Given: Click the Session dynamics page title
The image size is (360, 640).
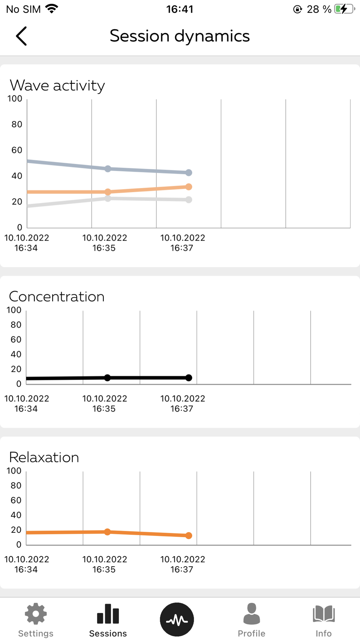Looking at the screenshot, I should point(180,36).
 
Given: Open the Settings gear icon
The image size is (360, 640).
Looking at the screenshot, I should point(36,614).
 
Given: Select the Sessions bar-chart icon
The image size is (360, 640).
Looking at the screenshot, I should point(108,614).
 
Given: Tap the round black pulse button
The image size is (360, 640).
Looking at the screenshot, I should point(177,619).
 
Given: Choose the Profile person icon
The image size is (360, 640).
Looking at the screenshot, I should point(251,614).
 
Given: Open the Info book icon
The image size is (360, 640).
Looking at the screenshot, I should point(324,614).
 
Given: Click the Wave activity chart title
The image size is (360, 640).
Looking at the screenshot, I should point(57,86).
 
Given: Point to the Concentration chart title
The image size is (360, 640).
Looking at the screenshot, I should point(57,297).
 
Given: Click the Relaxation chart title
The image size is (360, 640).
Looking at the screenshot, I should point(44,458).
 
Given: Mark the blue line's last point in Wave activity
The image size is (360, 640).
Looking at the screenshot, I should point(189,173).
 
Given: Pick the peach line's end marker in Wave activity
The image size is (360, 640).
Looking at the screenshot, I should point(189,187).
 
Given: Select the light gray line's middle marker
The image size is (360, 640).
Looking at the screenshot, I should point(108,198).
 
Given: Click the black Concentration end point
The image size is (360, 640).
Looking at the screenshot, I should point(189,378).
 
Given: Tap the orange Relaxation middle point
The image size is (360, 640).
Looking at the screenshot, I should point(107,532).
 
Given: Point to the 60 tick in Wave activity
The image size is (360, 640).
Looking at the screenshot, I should point(17,150).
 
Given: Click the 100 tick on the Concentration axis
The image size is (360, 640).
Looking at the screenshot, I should point(14,310).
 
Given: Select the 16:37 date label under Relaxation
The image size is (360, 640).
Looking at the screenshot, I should point(183,564).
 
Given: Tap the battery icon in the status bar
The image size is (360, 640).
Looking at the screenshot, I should point(344,9).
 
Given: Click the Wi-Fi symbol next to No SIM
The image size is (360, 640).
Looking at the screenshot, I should point(52,9).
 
